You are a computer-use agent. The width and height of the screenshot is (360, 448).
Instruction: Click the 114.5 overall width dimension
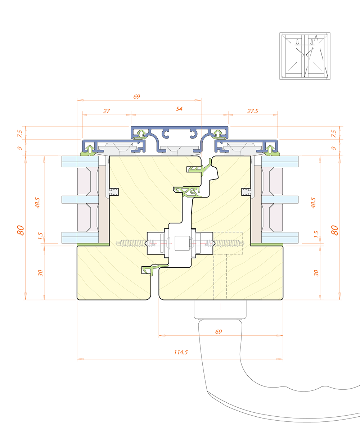pos(181,352)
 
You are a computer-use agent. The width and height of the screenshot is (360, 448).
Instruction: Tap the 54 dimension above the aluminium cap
pos(179,109)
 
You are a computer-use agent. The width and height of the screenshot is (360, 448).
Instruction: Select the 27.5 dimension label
pos(253,111)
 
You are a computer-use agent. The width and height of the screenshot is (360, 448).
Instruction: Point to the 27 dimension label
pos(107,111)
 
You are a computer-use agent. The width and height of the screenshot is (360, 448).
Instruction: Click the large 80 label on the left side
pos(21,230)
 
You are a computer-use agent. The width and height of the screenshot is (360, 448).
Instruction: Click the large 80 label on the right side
pos(334,230)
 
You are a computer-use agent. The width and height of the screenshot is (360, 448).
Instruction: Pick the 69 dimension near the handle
pos(219,332)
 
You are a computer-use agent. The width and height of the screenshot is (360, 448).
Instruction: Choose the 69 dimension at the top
pos(137,96)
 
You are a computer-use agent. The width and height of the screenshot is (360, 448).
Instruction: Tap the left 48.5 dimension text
pos(37,203)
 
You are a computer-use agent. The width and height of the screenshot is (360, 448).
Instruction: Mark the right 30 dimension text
pos(316,273)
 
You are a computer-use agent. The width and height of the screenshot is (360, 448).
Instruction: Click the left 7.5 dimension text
pos(19,134)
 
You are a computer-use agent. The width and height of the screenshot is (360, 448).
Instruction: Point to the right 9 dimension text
pos(334,148)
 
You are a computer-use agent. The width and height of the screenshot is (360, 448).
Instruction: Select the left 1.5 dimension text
pos(40,236)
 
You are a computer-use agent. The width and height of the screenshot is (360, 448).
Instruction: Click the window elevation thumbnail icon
pos(305,56)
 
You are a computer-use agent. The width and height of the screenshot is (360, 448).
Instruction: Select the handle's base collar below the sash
pos(220,309)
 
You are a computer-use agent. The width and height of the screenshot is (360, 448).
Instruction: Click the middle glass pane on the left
pos(80,200)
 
